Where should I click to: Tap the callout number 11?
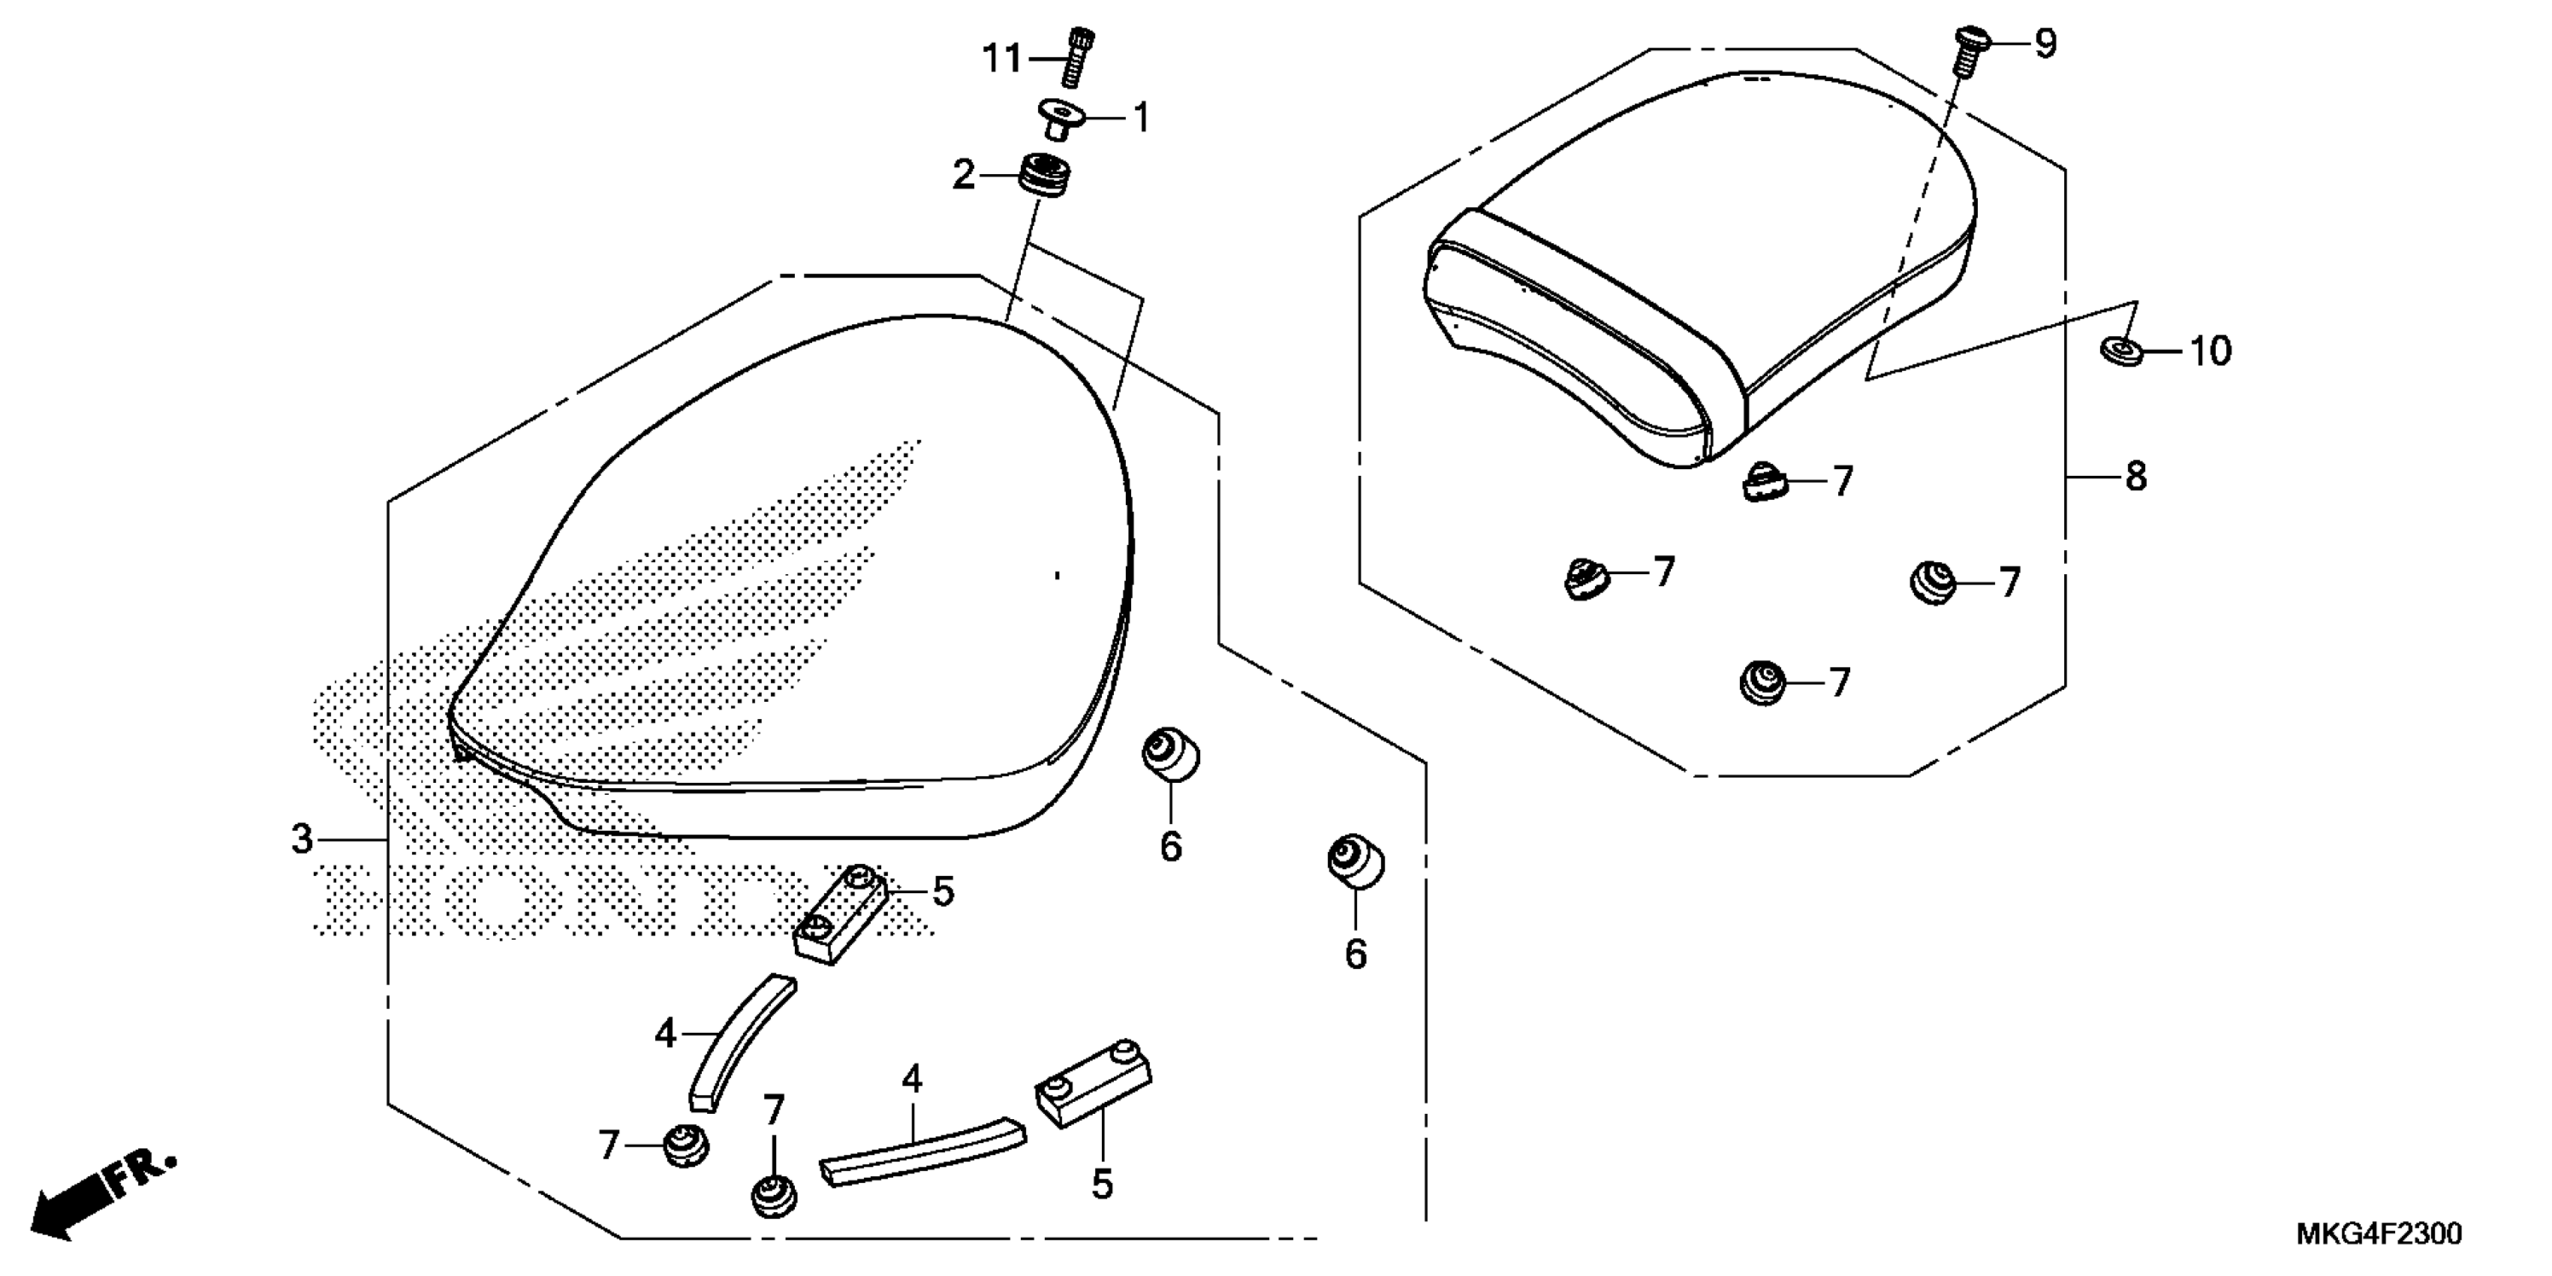click(x=1001, y=59)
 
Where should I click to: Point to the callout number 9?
click(x=2045, y=44)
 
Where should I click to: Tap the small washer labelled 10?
click(x=2119, y=350)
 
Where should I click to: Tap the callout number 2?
click(x=963, y=176)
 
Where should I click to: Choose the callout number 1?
click(x=1141, y=119)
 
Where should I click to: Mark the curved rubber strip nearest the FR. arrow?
click(x=741, y=1043)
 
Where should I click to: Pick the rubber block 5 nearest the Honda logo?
click(x=838, y=913)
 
